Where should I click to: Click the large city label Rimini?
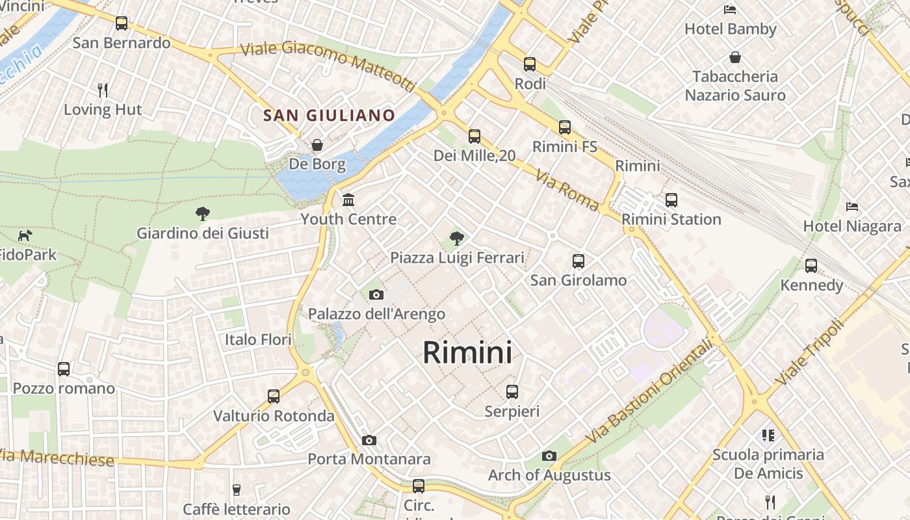[x=467, y=353]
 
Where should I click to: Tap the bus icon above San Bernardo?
[x=122, y=23]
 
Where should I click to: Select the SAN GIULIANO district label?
[x=329, y=116]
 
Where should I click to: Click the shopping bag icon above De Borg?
[x=317, y=144]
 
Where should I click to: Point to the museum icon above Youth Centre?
[x=348, y=199]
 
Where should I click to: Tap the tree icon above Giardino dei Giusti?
[x=203, y=213]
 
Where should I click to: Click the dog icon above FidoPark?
[x=25, y=235]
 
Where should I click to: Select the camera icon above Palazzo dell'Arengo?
[x=376, y=295]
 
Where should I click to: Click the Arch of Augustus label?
[x=549, y=475]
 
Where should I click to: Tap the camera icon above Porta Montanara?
[x=369, y=441]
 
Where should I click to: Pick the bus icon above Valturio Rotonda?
[x=274, y=396]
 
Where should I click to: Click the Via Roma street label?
[x=567, y=190]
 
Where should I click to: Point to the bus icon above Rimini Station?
[x=671, y=200]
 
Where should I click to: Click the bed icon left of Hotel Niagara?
[x=852, y=207]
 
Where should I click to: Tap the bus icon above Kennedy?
[x=811, y=266]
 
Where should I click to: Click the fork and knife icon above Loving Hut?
[x=103, y=90]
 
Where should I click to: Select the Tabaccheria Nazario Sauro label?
[x=735, y=86]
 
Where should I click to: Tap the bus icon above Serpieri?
[x=512, y=392]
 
